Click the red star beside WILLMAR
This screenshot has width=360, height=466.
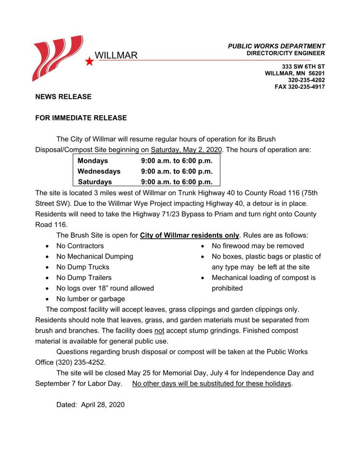(89, 61)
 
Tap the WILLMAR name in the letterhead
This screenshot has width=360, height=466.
(116, 56)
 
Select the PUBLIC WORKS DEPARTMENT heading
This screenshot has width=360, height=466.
(276, 46)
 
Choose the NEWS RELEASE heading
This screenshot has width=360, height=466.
(63, 97)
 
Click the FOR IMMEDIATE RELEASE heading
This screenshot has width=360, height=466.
(81, 118)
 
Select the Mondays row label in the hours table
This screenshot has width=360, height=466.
(93, 161)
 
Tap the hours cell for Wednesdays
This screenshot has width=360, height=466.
(177, 171)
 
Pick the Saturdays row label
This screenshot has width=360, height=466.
(95, 182)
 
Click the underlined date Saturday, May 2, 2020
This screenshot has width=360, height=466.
(186, 149)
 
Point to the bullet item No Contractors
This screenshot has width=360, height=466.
(80, 246)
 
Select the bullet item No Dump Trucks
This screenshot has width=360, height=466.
(83, 267)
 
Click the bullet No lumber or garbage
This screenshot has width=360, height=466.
(90, 299)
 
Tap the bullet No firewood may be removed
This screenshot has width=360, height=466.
(257, 246)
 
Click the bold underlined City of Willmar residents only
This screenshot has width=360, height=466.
(190, 235)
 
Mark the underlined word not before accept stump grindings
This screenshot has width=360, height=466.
(159, 331)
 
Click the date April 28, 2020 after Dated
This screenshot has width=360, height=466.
(103, 405)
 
